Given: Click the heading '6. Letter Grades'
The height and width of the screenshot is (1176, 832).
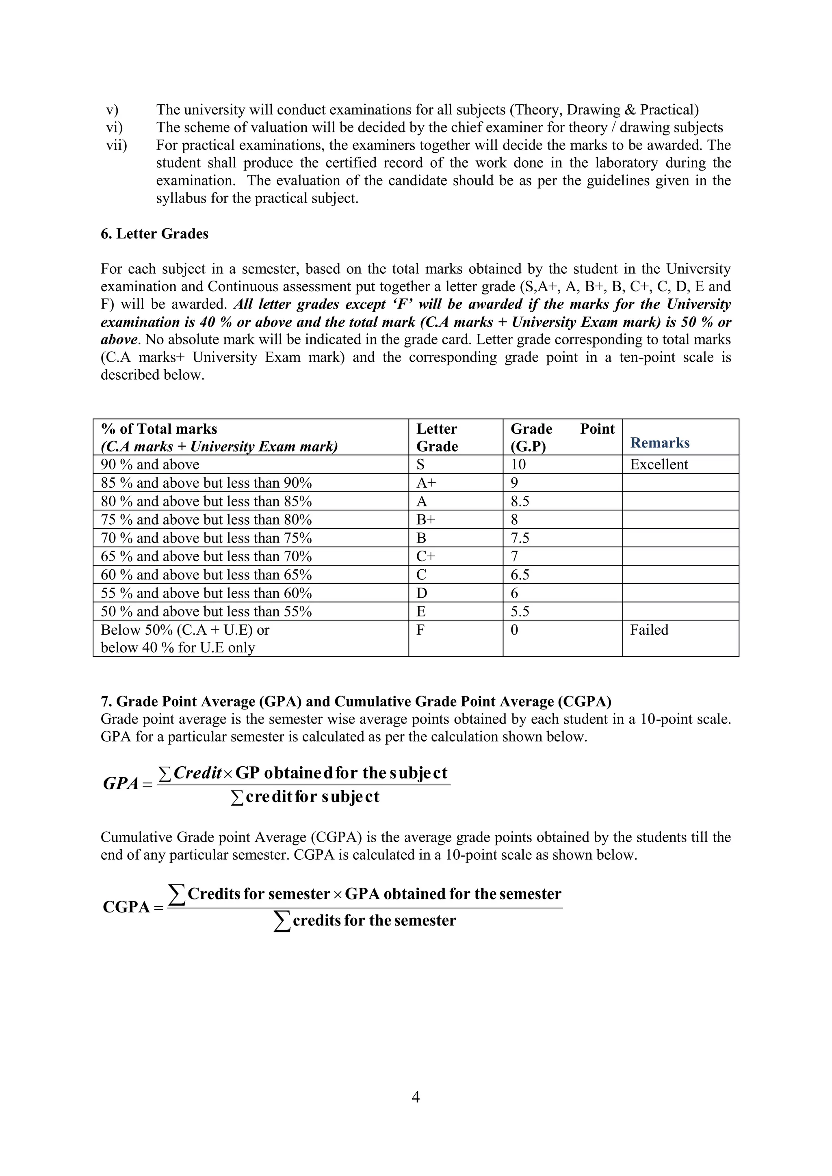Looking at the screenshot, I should (154, 234).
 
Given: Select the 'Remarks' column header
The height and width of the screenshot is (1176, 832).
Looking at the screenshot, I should (659, 443).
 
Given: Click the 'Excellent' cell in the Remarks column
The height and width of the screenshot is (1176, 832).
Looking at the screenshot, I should (659, 465).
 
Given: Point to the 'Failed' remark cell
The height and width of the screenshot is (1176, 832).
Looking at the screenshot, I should (649, 630).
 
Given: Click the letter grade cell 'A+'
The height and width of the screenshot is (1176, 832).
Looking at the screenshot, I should (426, 483).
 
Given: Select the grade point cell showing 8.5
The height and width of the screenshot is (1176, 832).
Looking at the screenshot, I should (520, 502).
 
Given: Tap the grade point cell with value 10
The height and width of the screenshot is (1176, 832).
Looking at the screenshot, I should (518, 465).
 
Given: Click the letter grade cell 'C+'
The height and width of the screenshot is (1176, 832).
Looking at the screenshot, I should (426, 556).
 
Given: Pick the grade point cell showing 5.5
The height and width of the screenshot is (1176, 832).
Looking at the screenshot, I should (520, 612).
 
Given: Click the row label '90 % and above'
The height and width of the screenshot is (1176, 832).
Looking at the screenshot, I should (150, 465).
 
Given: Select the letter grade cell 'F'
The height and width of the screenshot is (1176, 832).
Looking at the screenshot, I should (420, 630).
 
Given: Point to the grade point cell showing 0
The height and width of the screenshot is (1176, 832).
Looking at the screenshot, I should (514, 630).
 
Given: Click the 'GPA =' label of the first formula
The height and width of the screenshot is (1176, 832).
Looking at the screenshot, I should (127, 784).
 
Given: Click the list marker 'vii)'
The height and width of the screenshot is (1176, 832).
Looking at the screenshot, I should (116, 145).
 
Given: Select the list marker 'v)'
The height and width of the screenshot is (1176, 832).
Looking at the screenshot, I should (112, 110).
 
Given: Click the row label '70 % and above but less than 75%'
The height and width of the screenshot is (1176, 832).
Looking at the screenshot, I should (206, 538).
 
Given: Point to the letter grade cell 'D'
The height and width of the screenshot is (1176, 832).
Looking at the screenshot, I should (422, 593).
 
